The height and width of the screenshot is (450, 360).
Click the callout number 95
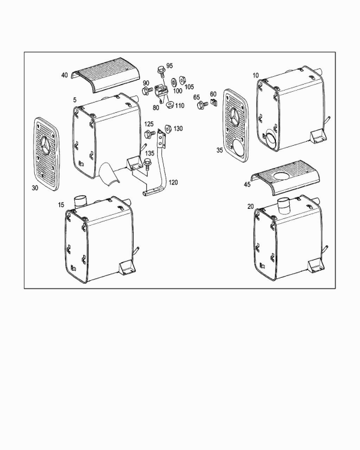[x=169, y=66]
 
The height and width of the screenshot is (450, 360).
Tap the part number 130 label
[x=178, y=128]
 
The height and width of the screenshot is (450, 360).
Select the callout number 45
[x=247, y=185]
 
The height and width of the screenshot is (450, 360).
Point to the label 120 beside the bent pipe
[x=173, y=182]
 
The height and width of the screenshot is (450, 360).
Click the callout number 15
[x=61, y=205]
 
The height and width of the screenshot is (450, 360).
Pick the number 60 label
[x=213, y=94]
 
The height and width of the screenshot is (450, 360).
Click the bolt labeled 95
[x=160, y=71]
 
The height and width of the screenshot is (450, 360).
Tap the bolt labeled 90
[x=147, y=91]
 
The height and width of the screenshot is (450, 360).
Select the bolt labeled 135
[x=148, y=164]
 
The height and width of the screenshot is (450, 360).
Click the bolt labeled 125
[x=149, y=134]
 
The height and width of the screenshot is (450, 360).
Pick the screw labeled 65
[x=202, y=105]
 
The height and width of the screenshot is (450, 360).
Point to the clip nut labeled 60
[x=214, y=102]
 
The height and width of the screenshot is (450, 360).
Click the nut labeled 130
[x=168, y=129]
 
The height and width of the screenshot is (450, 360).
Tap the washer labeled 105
[x=182, y=80]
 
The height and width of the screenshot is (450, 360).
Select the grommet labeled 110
[x=170, y=104]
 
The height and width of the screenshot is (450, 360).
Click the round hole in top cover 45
[x=282, y=176]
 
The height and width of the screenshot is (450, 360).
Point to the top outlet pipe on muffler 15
[x=80, y=201]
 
